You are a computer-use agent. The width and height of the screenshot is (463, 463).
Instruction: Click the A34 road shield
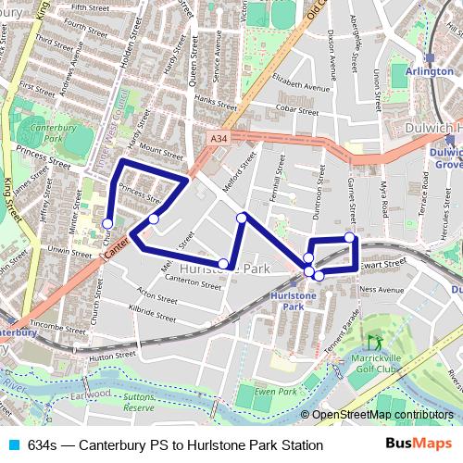click(219, 139)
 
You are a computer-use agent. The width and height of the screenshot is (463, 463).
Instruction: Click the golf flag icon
click(375, 344)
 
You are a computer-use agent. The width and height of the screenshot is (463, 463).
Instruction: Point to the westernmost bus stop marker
click(107, 223)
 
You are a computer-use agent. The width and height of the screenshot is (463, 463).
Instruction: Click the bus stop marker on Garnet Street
click(350, 238)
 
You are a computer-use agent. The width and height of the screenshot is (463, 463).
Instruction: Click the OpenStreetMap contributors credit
click(382, 415)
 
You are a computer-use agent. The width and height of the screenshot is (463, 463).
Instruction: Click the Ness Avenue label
click(382, 290)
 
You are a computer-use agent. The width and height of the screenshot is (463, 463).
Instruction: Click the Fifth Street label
click(90, 6)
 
